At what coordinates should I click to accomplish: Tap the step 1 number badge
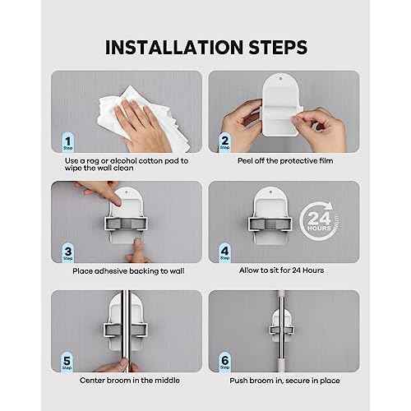[68, 142]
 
